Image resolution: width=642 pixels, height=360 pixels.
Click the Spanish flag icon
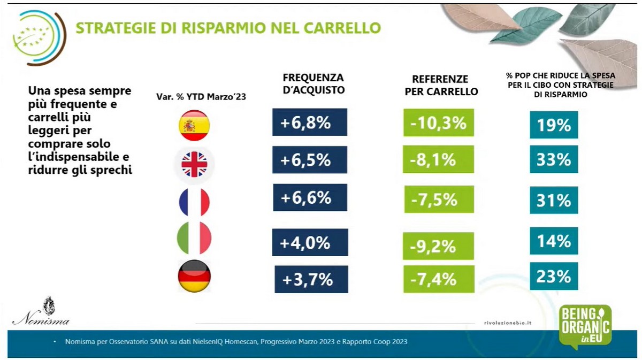(x=194, y=125)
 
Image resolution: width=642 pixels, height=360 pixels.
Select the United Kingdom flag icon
(x=194, y=164)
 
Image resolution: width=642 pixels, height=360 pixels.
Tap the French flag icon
(x=194, y=201)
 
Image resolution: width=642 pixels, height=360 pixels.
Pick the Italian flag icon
(x=194, y=238)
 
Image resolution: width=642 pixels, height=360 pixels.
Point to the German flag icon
(x=194, y=276)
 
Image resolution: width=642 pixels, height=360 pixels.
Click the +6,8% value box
(x=310, y=122)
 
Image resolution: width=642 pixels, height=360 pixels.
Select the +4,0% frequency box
(x=310, y=242)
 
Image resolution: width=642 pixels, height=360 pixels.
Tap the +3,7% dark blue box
(x=311, y=279)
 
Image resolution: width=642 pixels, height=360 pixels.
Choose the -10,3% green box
(x=438, y=123)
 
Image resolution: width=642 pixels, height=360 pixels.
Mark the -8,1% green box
(x=438, y=159)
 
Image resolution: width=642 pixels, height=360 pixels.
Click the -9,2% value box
(x=438, y=246)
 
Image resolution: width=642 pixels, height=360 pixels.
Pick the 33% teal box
(x=554, y=159)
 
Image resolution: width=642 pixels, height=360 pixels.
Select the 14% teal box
(x=554, y=241)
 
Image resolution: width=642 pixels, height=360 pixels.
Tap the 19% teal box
(x=554, y=125)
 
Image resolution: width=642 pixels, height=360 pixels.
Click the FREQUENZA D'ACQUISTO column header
(x=313, y=84)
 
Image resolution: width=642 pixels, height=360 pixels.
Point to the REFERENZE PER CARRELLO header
(x=441, y=85)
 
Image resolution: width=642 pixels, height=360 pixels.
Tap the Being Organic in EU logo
(x=585, y=326)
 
